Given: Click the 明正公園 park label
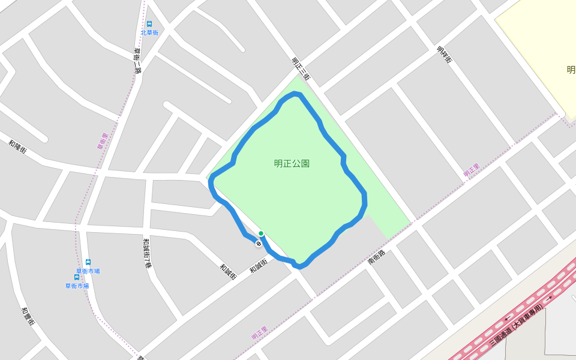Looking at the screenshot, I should pyautogui.click(x=292, y=163).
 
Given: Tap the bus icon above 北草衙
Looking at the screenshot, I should pyautogui.click(x=149, y=24).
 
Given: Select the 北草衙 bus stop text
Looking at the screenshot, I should pyautogui.click(x=149, y=32).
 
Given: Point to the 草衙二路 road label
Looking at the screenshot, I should pyautogui.click(x=137, y=61).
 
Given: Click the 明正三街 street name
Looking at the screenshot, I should pyautogui.click(x=300, y=68).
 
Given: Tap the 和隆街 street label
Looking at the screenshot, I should pyautogui.click(x=17, y=147).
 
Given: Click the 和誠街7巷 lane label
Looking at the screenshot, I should pyautogui.click(x=146, y=253).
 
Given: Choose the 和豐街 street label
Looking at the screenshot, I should pyautogui.click(x=28, y=316).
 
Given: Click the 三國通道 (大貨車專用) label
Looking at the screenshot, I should pyautogui.click(x=515, y=325).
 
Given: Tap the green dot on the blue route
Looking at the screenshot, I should pyautogui.click(x=261, y=233).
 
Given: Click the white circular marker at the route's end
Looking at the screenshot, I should pyautogui.click(x=258, y=244).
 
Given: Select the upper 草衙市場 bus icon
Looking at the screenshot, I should pyautogui.click(x=88, y=262).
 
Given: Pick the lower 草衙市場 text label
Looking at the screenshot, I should pyautogui.click(x=77, y=286).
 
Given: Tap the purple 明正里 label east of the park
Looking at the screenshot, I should pyautogui.click(x=472, y=170).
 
